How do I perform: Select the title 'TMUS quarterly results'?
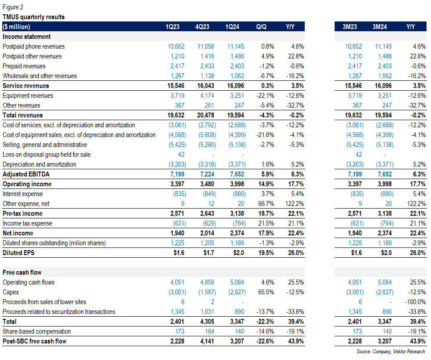point(33,17)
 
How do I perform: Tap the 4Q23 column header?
point(203,27)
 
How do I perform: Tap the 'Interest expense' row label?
point(22,194)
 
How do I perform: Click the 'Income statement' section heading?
point(27,37)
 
